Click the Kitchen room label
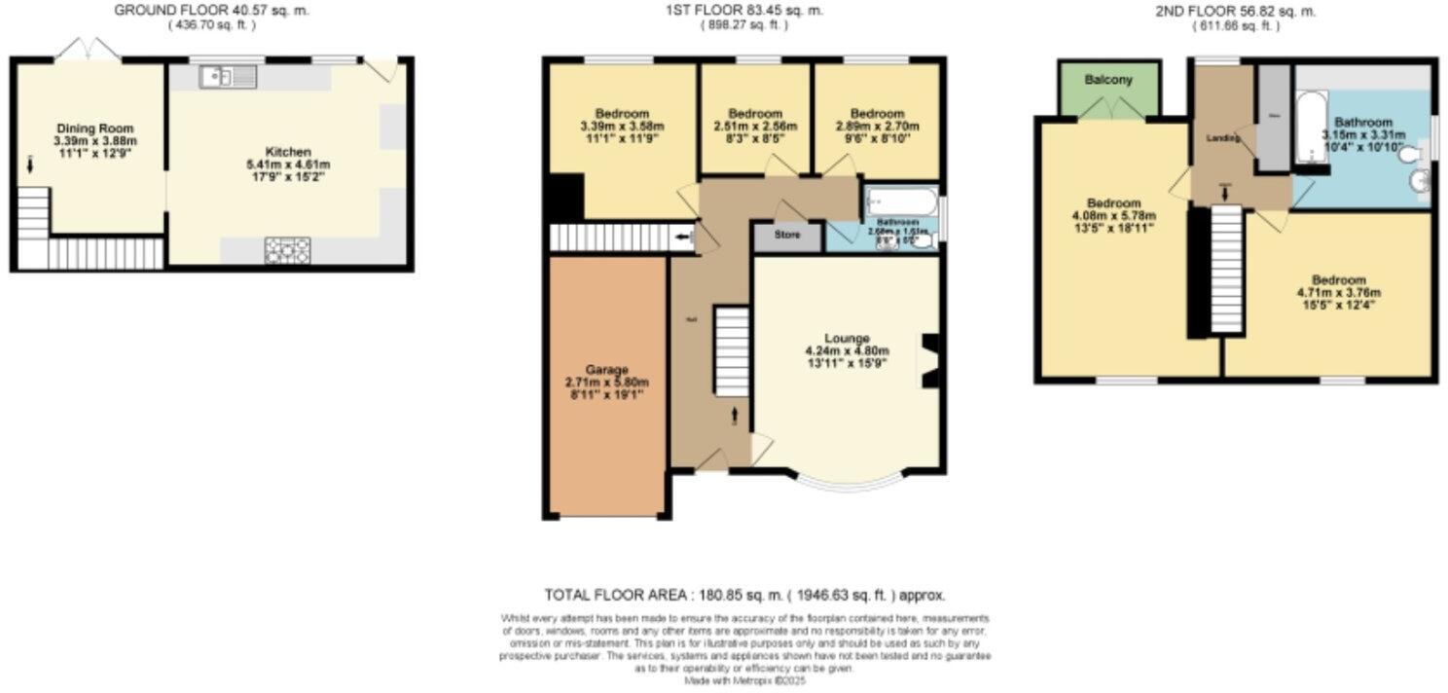pyautogui.click(x=288, y=152)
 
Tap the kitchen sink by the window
pyautogui.click(x=227, y=76)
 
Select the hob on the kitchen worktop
pyautogui.click(x=287, y=250)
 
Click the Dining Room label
pyautogui.click(x=94, y=128)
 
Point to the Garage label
pyautogui.click(x=607, y=370)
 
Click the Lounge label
pyautogui.click(x=846, y=338)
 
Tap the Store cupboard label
pyautogui.click(x=786, y=235)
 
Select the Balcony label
pyautogui.click(x=1110, y=80)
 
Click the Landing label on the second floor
pyautogui.click(x=1223, y=138)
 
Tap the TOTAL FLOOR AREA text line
pyautogui.click(x=743, y=595)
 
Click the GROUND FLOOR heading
pyautogui.click(x=184, y=11)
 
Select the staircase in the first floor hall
pyautogui.click(x=732, y=350)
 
